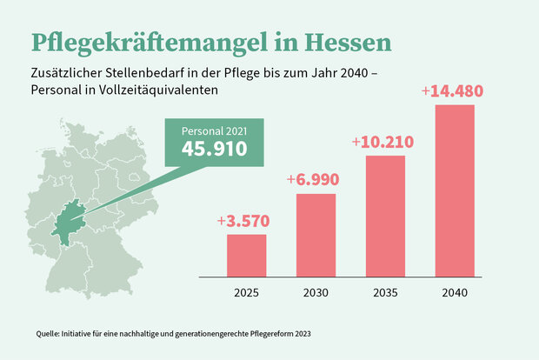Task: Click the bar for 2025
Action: [247, 255]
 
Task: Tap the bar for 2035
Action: [384, 216]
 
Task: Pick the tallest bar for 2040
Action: [454, 190]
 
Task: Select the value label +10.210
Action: [383, 142]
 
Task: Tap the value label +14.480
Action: [452, 90]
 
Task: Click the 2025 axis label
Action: [247, 292]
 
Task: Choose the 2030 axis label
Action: [316, 292]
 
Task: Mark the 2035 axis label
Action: [384, 292]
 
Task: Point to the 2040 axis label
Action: [454, 292]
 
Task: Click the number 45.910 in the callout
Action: [214, 149]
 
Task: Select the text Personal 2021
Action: [214, 130]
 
